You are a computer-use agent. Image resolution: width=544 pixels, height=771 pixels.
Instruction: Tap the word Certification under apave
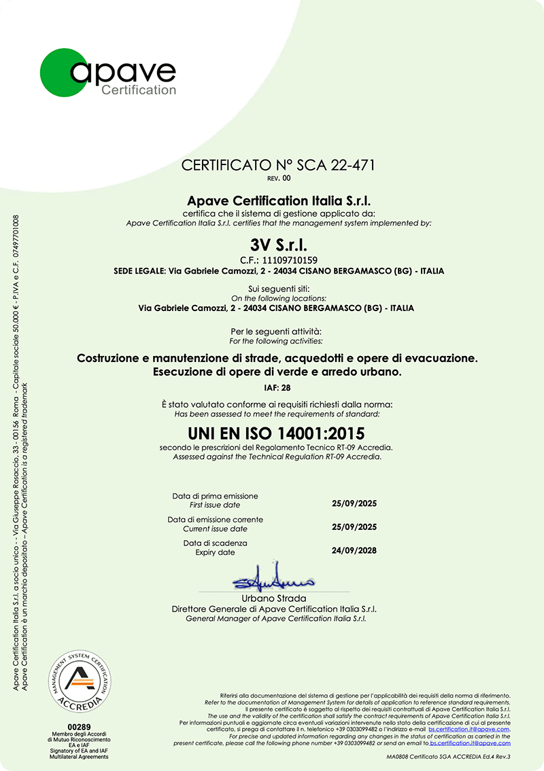click(x=139, y=90)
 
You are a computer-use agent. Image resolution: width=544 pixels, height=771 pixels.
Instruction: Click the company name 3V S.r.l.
click(x=279, y=243)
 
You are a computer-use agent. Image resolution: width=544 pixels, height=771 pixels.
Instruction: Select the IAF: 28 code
click(x=277, y=388)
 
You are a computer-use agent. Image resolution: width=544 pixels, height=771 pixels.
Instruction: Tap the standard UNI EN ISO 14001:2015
click(x=276, y=433)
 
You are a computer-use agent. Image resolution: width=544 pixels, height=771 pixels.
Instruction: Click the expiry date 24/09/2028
click(x=353, y=550)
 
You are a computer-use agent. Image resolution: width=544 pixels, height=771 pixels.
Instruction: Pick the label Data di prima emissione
click(x=215, y=496)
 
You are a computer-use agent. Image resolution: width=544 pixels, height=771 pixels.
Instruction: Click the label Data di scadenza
click(x=215, y=543)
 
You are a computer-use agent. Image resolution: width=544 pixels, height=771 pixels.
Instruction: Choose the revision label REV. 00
click(x=279, y=178)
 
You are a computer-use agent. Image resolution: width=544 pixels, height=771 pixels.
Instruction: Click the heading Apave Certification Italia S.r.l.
click(x=279, y=200)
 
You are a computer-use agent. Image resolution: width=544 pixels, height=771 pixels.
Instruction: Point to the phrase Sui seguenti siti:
click(x=279, y=289)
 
